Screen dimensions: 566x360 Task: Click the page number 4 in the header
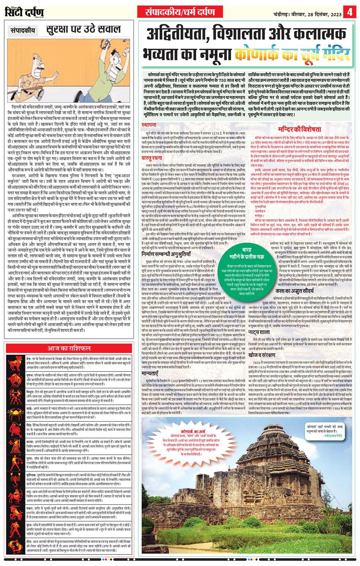point(349,12)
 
